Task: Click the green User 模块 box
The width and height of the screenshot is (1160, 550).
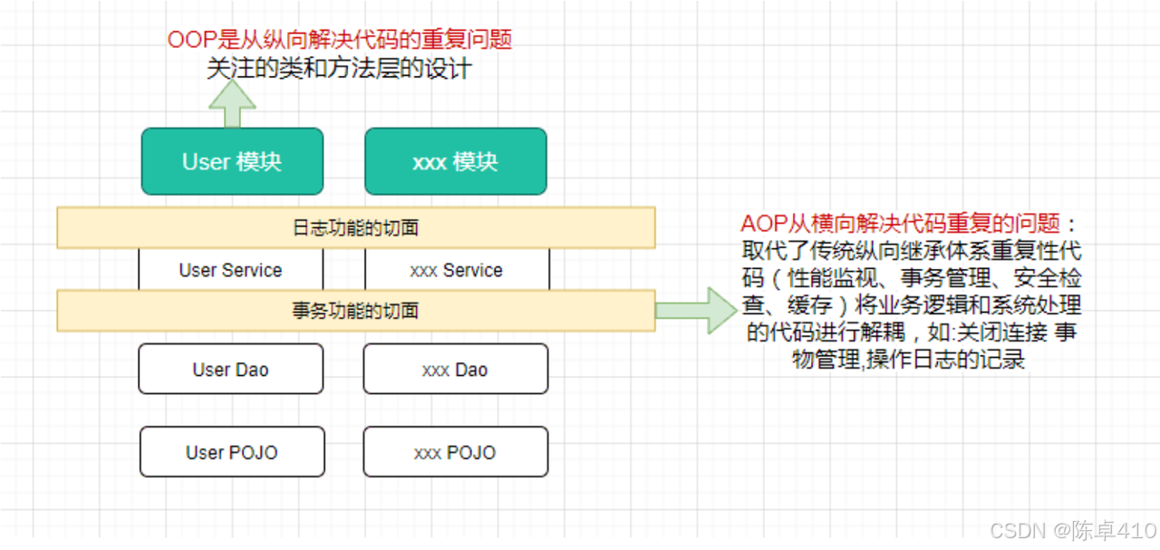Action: point(232,161)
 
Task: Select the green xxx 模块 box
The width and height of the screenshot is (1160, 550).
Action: point(455,161)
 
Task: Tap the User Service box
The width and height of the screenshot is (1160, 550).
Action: point(230,270)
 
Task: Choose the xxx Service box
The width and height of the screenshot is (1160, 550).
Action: point(457,270)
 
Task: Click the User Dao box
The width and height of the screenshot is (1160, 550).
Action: point(230,369)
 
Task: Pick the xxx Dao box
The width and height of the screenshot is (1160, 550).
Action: point(455,369)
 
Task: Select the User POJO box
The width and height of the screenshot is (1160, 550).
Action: point(232,451)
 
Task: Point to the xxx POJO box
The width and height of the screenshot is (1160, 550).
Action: point(455,451)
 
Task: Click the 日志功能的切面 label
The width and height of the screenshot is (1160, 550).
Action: point(355,227)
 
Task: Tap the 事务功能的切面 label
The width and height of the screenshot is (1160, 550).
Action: point(355,311)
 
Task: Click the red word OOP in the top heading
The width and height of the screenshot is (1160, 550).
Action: point(188,40)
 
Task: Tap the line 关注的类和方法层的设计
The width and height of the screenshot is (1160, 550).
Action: point(339,68)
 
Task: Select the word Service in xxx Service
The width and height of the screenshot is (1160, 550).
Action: point(473,270)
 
